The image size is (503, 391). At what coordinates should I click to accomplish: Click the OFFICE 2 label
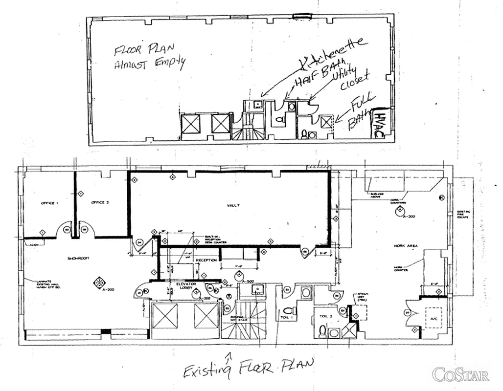click(x=99, y=202)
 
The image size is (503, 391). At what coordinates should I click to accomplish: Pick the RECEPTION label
click(x=206, y=261)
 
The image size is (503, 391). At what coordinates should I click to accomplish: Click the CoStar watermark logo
click(x=461, y=375)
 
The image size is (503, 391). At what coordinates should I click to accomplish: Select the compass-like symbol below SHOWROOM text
click(x=99, y=282)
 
